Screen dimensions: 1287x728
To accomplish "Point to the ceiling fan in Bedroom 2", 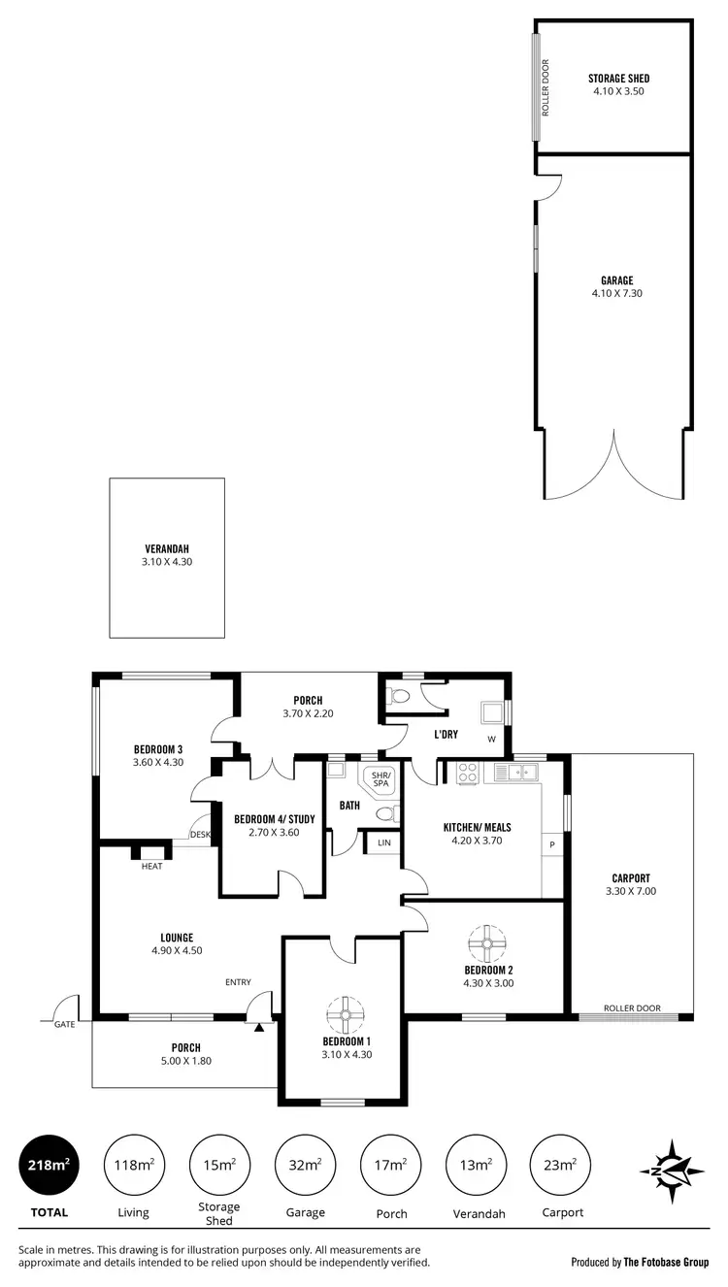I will [x=487, y=941].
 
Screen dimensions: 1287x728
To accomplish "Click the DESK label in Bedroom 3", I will [x=201, y=835].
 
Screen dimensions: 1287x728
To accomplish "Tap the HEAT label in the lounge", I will [x=152, y=866].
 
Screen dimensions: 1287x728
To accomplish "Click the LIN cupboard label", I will [x=384, y=842].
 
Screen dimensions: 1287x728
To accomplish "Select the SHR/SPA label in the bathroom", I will [x=381, y=778].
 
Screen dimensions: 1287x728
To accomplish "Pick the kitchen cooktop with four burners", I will [x=467, y=774].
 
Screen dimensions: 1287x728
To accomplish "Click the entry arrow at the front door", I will [x=258, y=1026].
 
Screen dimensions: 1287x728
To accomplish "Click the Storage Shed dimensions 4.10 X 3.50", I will [x=618, y=91].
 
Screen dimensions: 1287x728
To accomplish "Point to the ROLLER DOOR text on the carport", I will [x=632, y=1008].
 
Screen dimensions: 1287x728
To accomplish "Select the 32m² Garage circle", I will [x=306, y=1165].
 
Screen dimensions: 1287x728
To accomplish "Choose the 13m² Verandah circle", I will [x=477, y=1165].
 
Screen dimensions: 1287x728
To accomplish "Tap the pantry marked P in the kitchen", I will [x=552, y=844].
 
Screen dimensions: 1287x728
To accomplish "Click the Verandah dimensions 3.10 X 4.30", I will [x=167, y=561].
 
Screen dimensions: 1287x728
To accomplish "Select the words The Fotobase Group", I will [x=666, y=1263].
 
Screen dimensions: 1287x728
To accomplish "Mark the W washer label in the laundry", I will [x=491, y=740].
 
